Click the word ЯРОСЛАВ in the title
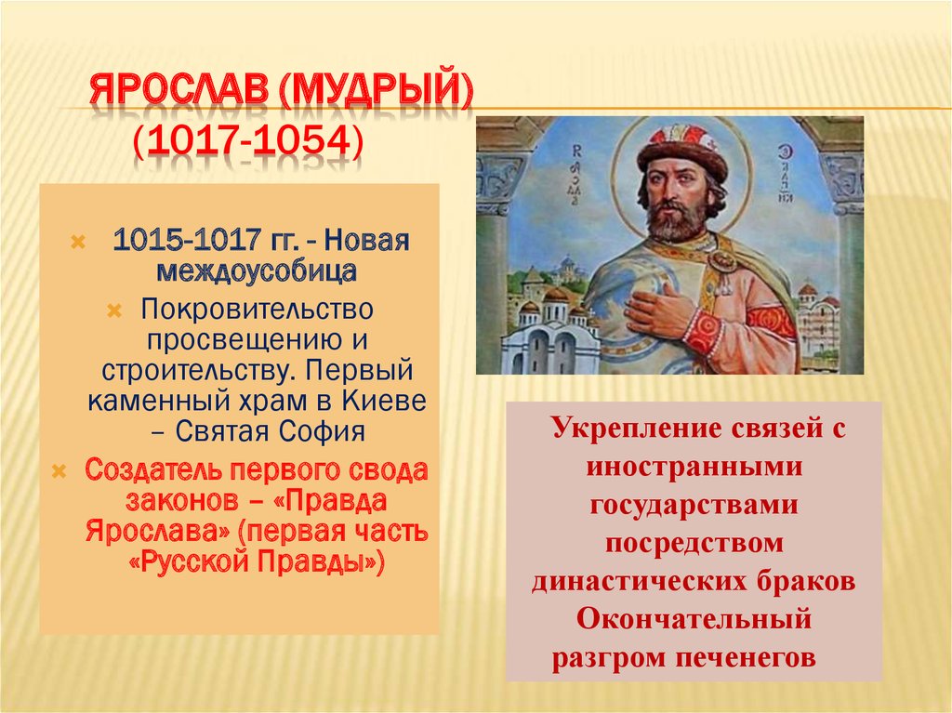coord(179,91)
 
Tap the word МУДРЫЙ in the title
coord(376,91)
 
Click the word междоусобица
coord(257,271)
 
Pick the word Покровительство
coord(257,310)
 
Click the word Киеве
coord(384,401)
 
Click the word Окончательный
coord(694,619)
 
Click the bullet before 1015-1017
coord(78,243)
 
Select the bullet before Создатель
coord(59,471)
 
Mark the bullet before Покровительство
coord(114,311)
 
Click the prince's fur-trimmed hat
coord(682,148)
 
